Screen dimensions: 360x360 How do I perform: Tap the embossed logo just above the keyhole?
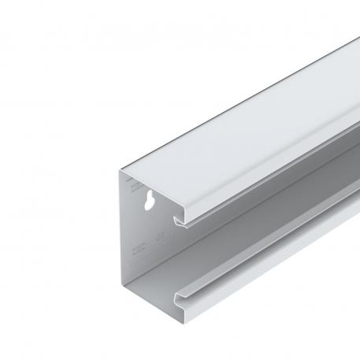click(x=135, y=189)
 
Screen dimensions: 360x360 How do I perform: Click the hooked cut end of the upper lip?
click(x=183, y=221)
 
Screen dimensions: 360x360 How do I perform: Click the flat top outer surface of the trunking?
click(x=236, y=102)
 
